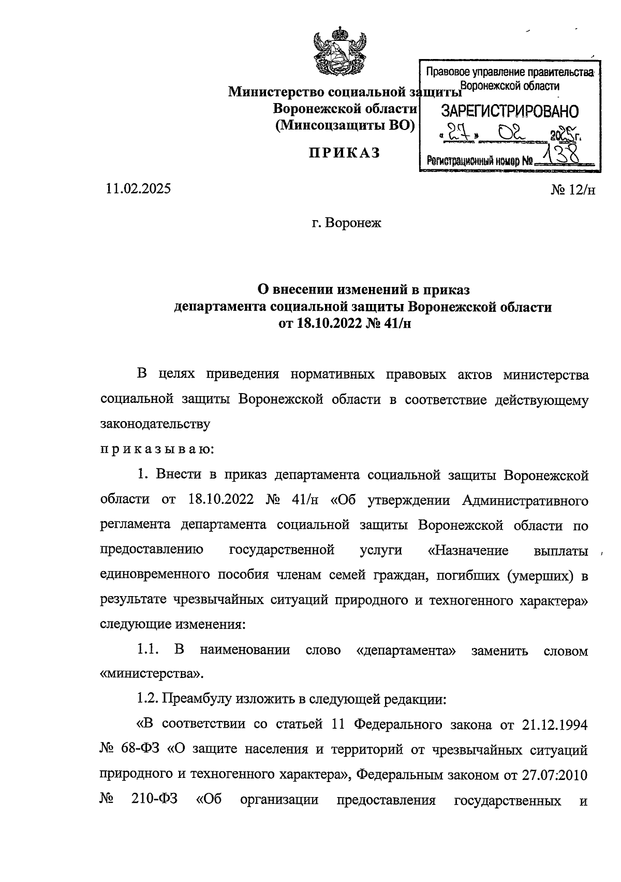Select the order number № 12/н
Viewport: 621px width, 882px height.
coord(573,190)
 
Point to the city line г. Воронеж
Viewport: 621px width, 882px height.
coord(346,223)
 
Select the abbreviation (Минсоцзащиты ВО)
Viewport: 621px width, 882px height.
coord(346,125)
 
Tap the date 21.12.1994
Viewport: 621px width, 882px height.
coord(554,725)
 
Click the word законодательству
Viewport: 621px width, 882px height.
coord(155,424)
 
